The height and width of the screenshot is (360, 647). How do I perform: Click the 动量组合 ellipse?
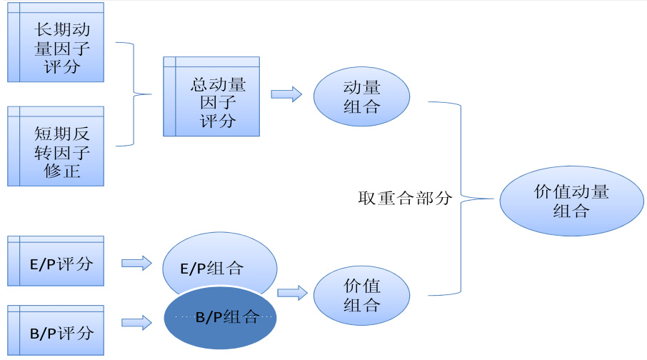click(x=361, y=97)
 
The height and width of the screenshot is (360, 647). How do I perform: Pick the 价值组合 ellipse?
click(x=361, y=295)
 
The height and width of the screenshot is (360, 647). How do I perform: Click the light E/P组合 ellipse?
click(x=219, y=266)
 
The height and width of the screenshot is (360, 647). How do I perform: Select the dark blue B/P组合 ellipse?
click(x=220, y=319)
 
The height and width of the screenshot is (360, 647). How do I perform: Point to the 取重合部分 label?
click(x=405, y=198)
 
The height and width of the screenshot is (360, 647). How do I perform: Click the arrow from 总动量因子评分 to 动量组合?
click(x=285, y=94)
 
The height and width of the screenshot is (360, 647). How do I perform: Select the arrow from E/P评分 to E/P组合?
click(x=136, y=263)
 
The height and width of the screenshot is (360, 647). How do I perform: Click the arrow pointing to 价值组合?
click(x=292, y=292)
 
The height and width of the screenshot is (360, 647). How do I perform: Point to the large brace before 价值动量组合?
click(x=458, y=198)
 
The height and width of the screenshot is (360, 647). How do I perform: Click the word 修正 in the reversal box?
click(x=63, y=171)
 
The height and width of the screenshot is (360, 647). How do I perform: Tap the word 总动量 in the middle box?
click(x=219, y=84)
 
